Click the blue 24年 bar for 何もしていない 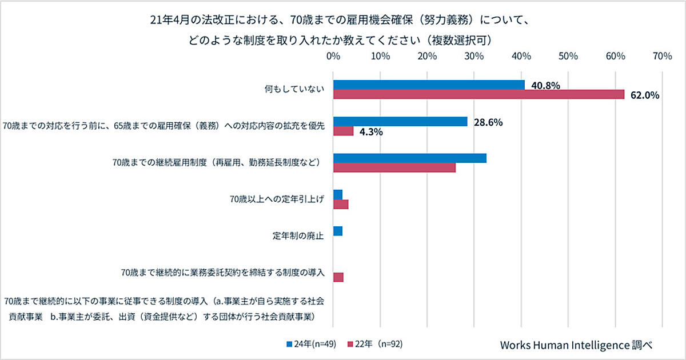pos(429,85)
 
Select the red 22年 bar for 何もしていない pos(478,94)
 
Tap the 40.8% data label pos(545,86)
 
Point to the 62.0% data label pos(645,95)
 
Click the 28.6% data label pos(488,122)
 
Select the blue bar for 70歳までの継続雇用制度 pos(409,158)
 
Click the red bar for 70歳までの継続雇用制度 pos(394,167)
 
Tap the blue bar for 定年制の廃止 pos(337,231)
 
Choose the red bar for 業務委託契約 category pos(338,277)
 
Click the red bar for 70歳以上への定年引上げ pos(340,204)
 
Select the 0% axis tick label pos(333,56)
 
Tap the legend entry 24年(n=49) pos(312,344)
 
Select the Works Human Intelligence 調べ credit pos(576,345)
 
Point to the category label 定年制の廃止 pos(299,235)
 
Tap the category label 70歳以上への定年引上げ pos(276,199)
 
